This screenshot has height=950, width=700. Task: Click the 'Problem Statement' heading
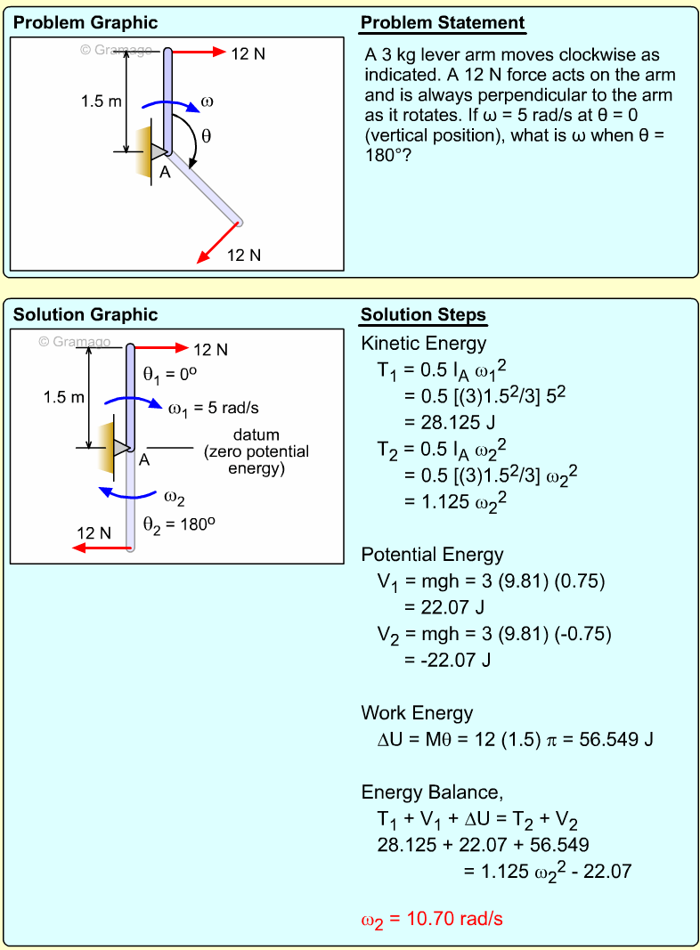coord(443,23)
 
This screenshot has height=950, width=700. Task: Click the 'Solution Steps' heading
coord(423,315)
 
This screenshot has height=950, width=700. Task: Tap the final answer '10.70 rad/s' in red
coord(454,918)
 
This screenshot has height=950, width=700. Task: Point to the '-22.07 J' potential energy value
coord(444,660)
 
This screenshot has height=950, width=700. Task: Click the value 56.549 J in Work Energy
coord(610,739)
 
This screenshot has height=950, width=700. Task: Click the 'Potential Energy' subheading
coord(432,555)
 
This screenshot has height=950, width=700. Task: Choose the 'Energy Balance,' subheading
coord(426,792)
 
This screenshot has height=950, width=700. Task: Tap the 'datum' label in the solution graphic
coord(256,435)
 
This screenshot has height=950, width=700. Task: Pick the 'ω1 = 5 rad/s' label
coord(214,408)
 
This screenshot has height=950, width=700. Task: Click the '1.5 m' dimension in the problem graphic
coord(101,101)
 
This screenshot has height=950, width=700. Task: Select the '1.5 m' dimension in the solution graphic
coord(64,397)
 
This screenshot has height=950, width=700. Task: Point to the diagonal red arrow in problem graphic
coord(218,242)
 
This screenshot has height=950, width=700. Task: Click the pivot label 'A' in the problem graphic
coord(165,174)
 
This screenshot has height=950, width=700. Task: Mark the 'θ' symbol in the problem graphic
coord(207,136)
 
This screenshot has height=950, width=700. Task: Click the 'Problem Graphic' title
coord(85,23)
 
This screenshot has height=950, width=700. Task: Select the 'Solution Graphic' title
coord(85,315)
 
